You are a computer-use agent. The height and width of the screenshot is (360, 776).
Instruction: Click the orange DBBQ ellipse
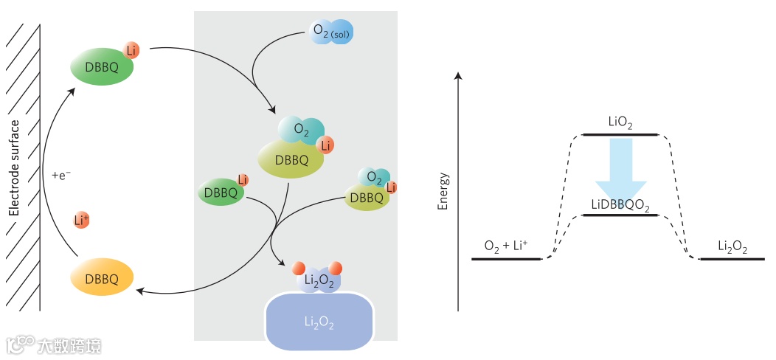102,277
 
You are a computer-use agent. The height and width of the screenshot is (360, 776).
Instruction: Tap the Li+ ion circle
82,219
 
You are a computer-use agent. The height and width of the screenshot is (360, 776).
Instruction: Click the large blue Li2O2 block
319,322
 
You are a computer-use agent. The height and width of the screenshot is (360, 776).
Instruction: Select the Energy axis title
443,192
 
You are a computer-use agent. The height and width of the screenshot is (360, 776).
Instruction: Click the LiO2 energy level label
620,122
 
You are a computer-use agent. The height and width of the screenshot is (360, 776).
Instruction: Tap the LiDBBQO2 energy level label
620,204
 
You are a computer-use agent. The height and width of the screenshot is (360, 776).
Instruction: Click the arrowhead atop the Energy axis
459,75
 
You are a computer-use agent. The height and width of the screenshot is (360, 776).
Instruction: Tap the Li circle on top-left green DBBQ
131,50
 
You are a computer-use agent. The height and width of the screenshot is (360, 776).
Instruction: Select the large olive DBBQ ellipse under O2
291,158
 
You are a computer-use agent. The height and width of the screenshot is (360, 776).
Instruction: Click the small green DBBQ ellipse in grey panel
221,193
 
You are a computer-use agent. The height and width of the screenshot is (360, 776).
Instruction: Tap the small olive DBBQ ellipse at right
367,197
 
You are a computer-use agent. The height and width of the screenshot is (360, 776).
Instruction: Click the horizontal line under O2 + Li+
507,260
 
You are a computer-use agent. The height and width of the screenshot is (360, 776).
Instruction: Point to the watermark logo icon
20,345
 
